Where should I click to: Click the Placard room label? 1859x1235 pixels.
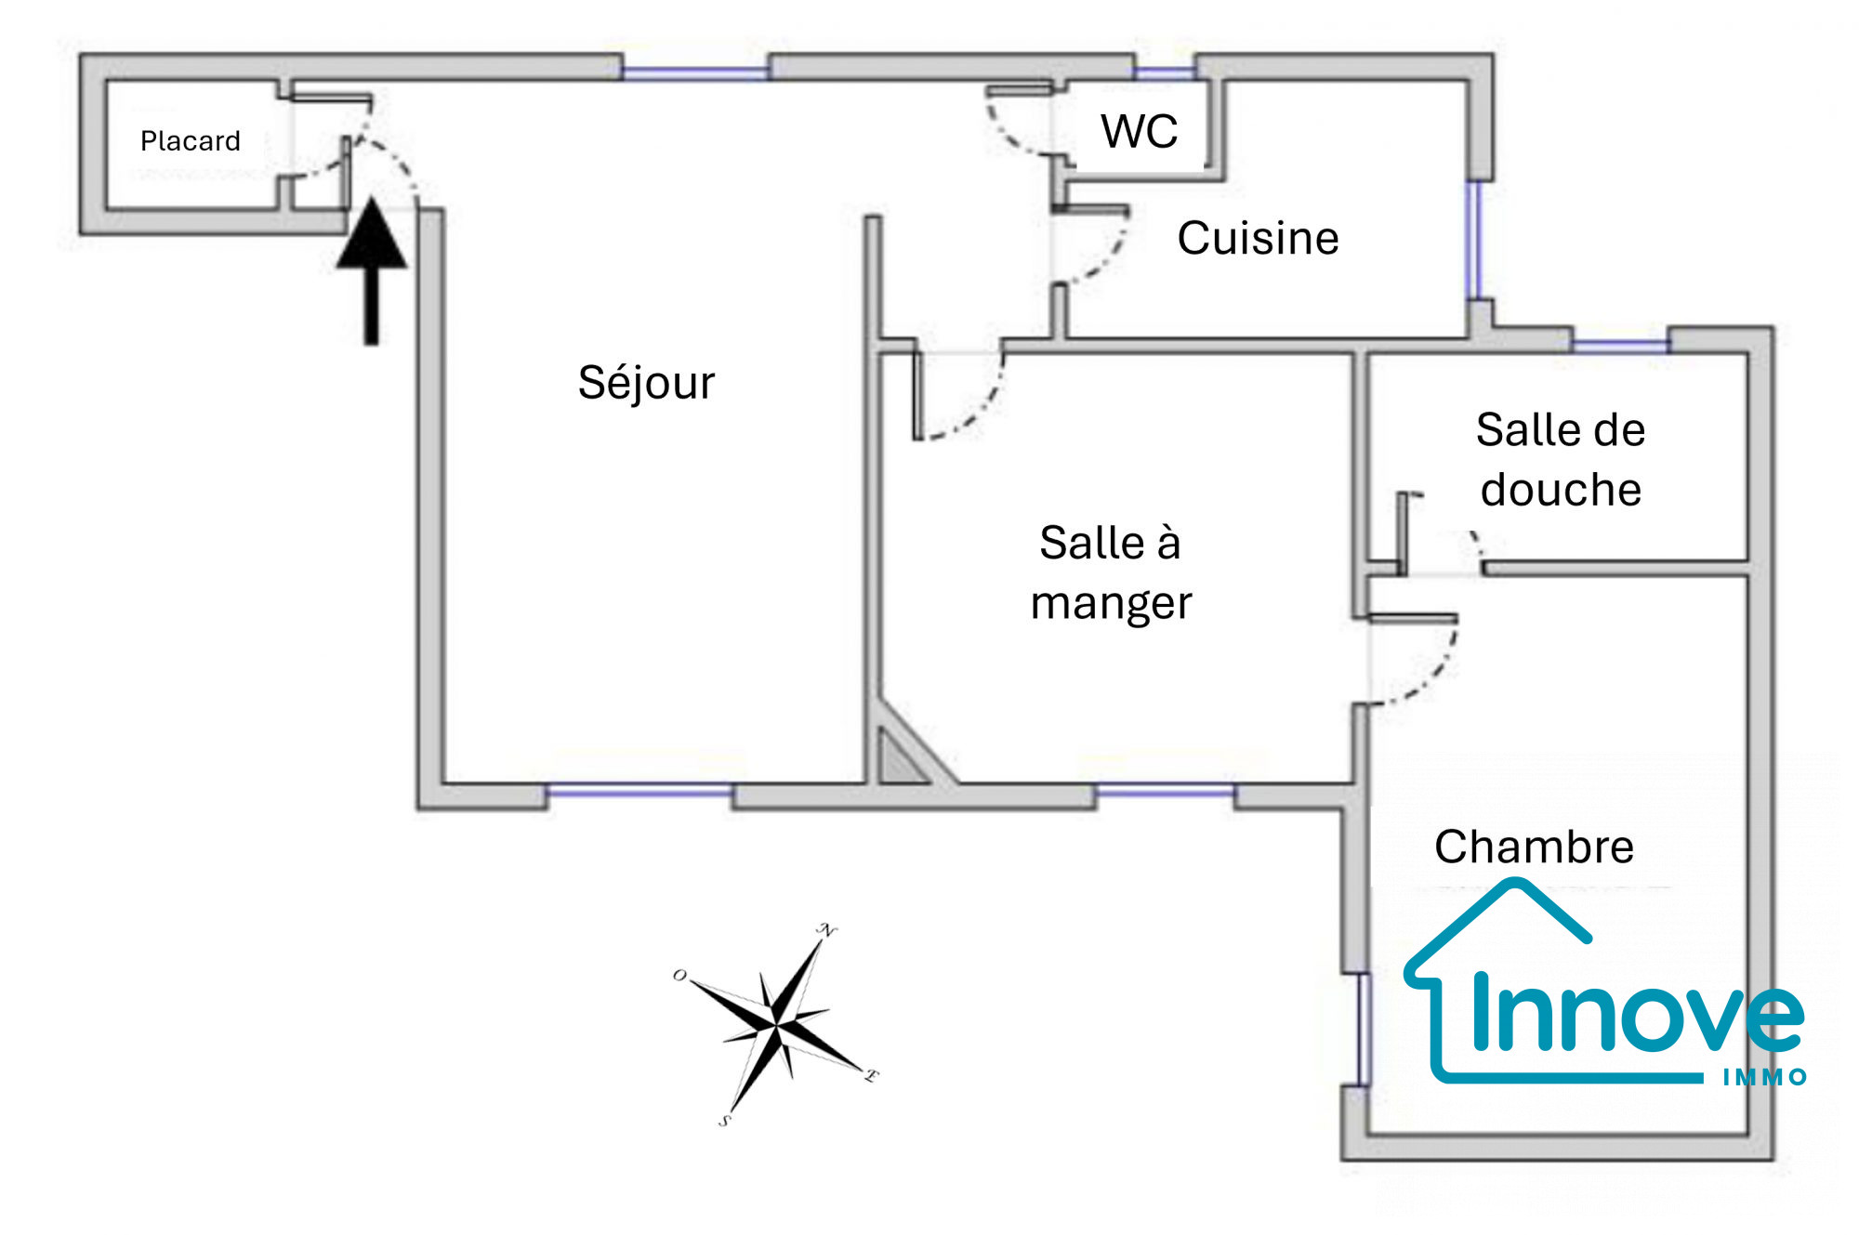coord(190,141)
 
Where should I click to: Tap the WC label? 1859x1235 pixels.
coord(1139,131)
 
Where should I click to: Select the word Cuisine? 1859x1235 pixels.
coord(1258,238)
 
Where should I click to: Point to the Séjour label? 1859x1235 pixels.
coord(646,383)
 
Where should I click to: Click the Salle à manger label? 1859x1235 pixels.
coord(1111,572)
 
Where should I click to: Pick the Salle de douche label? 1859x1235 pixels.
coord(1561,460)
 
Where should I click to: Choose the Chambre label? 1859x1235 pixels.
coord(1534,847)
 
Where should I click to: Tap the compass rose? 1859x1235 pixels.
coord(776,1025)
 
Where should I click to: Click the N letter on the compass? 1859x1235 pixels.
coord(826,930)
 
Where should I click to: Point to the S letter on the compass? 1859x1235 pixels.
coord(725,1121)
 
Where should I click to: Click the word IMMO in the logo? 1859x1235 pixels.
coord(1764,1077)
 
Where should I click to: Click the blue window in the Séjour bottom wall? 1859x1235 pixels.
coord(639,791)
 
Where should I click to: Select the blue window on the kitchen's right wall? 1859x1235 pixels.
coord(1473,240)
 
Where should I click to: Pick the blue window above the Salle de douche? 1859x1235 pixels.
coord(1620,346)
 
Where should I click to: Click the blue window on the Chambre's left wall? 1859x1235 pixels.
coord(1364,1029)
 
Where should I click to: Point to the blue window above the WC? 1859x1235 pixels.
coord(1165,71)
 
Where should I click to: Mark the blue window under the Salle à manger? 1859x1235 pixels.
coord(1165,791)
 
